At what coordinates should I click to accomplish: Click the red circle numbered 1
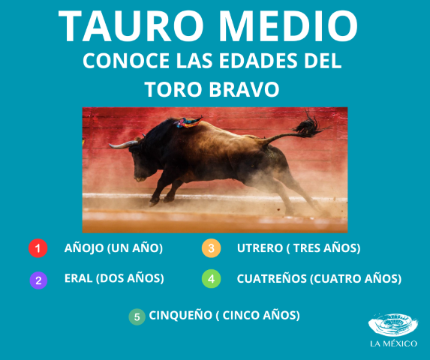(x=38, y=248)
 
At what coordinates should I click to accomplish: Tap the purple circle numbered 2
(x=38, y=280)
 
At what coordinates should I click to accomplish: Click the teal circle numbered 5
(x=137, y=316)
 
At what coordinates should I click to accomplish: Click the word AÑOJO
(x=83, y=247)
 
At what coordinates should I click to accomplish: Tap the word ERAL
(x=79, y=278)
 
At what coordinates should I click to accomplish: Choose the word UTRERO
(x=260, y=247)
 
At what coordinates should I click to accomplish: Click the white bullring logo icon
(x=392, y=325)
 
